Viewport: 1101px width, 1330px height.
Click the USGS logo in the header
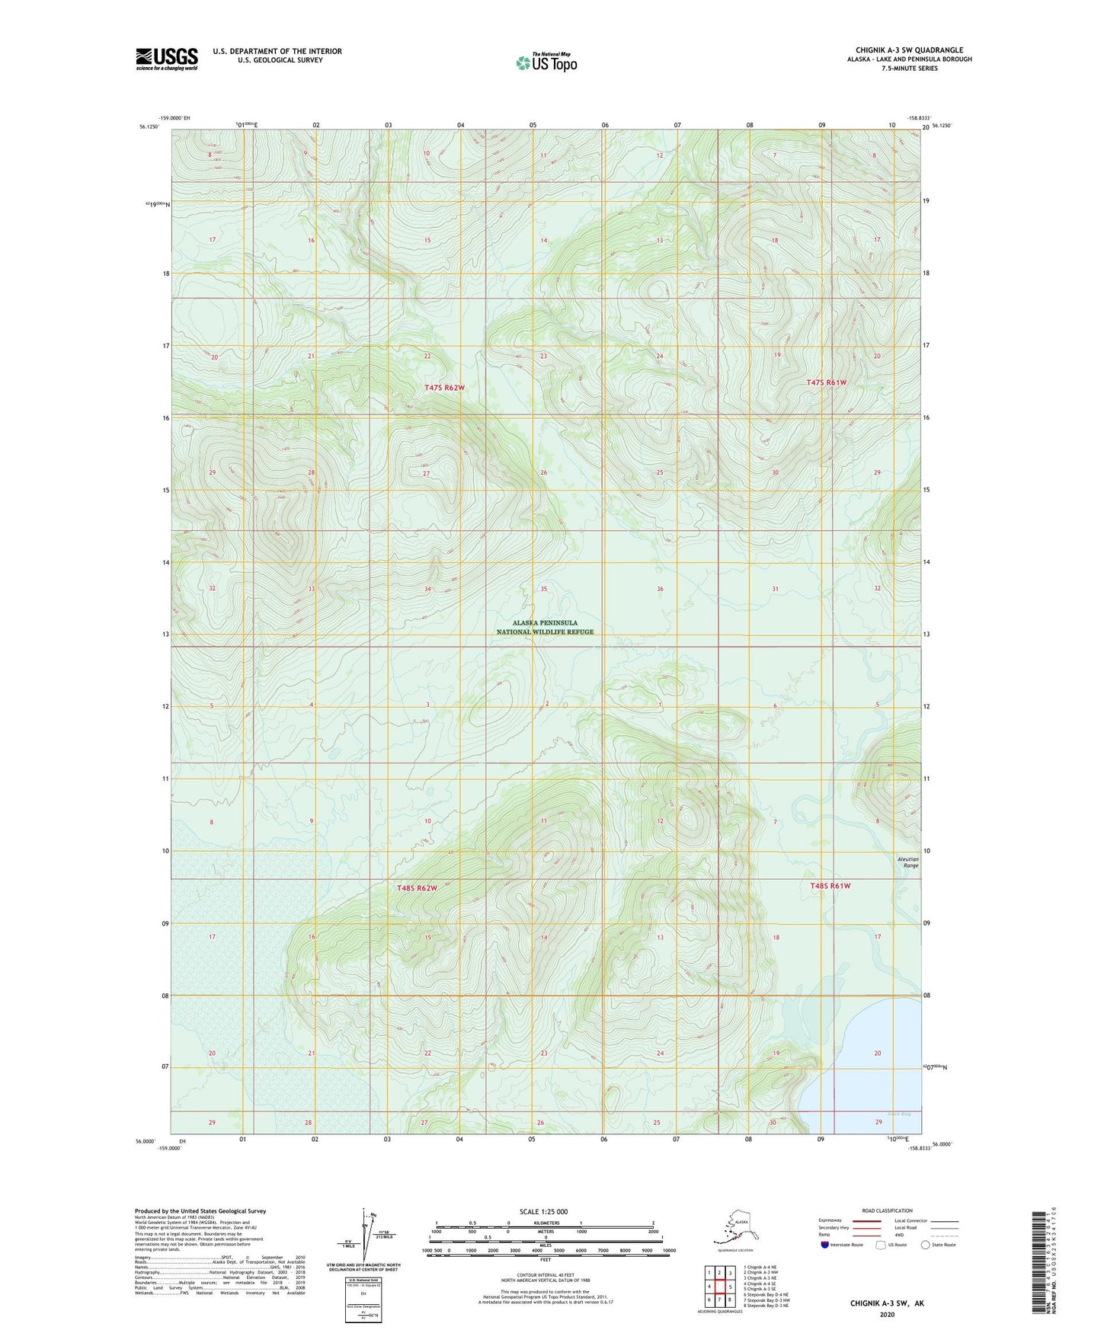pos(166,59)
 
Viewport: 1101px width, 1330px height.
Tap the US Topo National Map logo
pos(546,62)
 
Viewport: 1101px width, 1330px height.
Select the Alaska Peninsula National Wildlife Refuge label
pos(545,627)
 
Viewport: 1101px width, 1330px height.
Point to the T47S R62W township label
pos(444,388)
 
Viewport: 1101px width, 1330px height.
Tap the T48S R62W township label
pos(417,888)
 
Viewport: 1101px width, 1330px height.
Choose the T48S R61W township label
pos(830,886)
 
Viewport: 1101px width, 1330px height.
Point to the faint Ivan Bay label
pos(900,1114)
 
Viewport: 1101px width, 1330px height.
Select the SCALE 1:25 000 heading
pos(544,1212)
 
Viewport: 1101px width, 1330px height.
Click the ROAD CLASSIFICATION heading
pos(887,1210)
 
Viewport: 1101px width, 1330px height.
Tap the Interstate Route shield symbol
pos(824,1245)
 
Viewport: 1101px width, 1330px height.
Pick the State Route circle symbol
pos(926,1245)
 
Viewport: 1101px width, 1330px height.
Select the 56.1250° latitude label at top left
pos(149,127)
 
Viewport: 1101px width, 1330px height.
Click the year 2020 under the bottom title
pos(887,1314)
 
